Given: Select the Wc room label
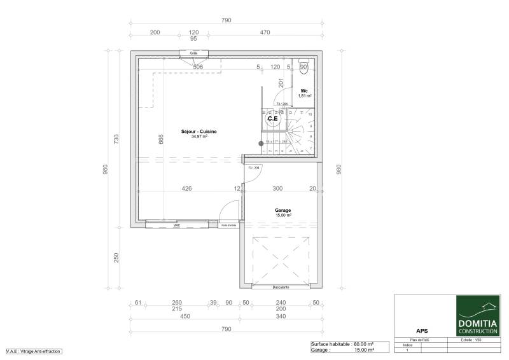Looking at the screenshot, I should pos(305,91).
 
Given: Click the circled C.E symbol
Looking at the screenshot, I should pos(272,118).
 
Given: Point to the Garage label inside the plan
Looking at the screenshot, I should pos(283,210).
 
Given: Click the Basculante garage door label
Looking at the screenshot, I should pos(281,287).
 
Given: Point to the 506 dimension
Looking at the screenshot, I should pos(198,66).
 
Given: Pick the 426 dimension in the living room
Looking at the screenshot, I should pos(187,188).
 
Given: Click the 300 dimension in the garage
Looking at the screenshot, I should pos(277,188).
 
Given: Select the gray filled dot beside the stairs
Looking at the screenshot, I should pos(260,144).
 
